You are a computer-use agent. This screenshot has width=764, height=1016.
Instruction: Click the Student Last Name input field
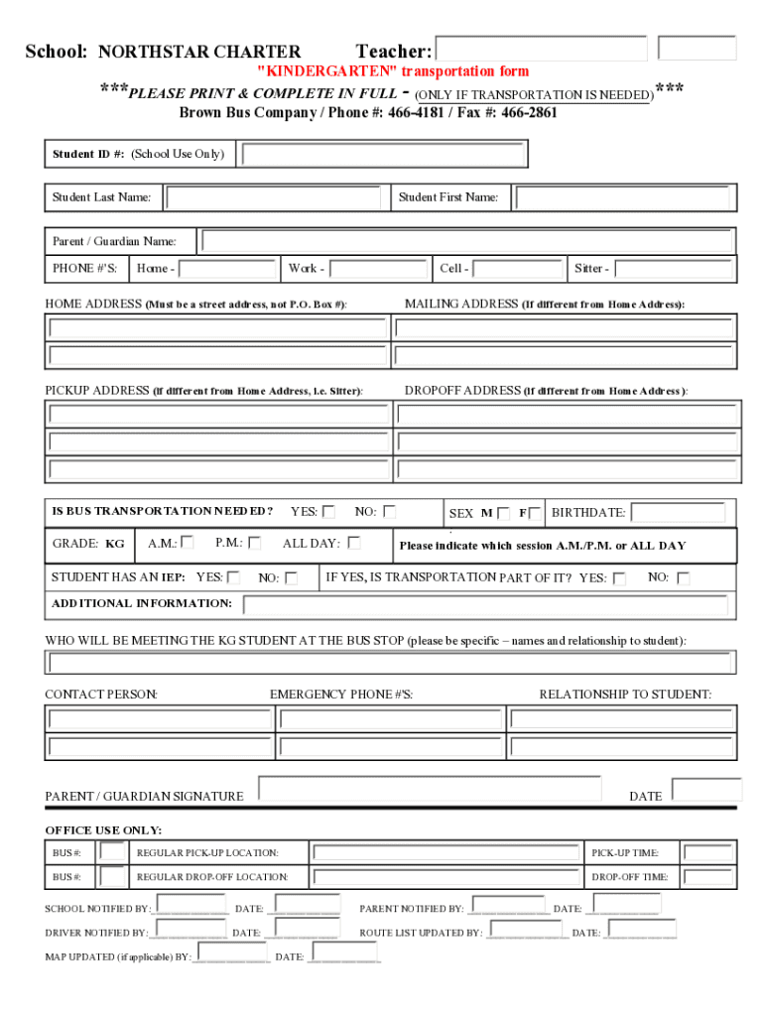[x=273, y=198]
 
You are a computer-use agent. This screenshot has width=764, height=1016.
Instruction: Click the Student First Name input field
[x=623, y=198]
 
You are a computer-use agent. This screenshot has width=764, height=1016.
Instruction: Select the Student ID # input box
[x=383, y=155]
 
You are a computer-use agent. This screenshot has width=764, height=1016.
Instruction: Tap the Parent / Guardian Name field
[x=467, y=241]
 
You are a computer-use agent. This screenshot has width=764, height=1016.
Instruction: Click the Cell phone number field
[x=517, y=269]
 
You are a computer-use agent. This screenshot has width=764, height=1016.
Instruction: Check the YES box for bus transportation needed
[x=328, y=512]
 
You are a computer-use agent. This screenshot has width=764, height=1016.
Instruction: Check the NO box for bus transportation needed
[x=390, y=512]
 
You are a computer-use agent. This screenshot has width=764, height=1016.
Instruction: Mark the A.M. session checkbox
[x=188, y=543]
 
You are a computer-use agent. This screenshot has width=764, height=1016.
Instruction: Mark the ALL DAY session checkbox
[x=353, y=543]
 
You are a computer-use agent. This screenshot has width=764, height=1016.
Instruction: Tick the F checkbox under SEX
[x=535, y=513]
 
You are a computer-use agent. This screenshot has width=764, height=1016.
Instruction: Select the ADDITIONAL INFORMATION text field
[x=485, y=605]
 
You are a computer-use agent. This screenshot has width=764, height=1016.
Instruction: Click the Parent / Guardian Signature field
[x=430, y=789]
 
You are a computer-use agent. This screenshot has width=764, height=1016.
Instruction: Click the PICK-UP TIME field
[x=708, y=852]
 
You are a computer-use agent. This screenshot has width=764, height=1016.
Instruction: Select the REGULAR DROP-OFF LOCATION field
[x=446, y=877]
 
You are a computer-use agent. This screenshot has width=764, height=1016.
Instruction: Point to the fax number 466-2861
[x=529, y=113]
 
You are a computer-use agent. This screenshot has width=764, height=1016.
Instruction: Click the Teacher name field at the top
[x=541, y=50]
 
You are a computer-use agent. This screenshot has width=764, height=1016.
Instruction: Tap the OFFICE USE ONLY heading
[x=103, y=829]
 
